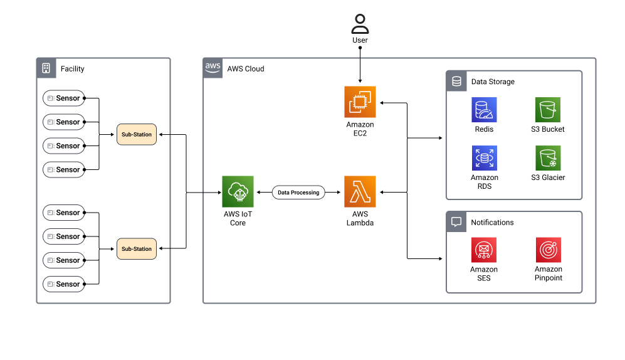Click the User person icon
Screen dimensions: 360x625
[x=360, y=24]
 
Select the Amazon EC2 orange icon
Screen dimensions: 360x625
[x=360, y=102]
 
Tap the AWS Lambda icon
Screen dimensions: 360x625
[x=360, y=192]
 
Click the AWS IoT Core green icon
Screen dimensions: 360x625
[x=238, y=192]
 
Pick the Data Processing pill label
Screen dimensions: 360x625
[x=298, y=193]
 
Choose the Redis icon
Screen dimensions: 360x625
[x=484, y=110]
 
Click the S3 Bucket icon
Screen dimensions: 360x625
[x=547, y=110]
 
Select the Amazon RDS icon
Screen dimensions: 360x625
[x=484, y=158]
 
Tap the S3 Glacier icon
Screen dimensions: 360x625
[x=547, y=158]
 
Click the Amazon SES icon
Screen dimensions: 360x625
[x=484, y=250]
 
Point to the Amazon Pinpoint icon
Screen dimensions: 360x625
[x=548, y=250]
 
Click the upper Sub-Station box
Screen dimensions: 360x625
[x=136, y=134]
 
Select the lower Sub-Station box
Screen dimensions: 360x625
[x=136, y=249]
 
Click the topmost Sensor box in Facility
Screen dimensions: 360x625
[x=63, y=98]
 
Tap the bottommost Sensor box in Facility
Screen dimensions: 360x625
[x=63, y=284]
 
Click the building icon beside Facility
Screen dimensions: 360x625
[x=46, y=68]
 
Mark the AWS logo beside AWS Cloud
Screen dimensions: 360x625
[x=213, y=68]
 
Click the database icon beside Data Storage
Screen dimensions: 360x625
[x=456, y=81]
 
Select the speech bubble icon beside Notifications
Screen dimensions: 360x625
[x=456, y=222]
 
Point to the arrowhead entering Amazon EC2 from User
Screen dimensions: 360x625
[x=360, y=82]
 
